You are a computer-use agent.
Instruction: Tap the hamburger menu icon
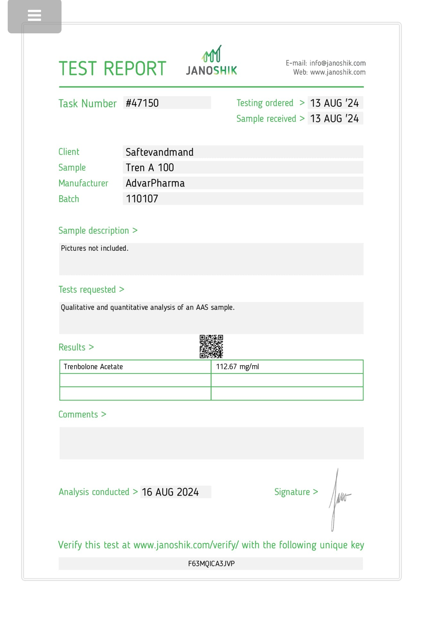[35, 15]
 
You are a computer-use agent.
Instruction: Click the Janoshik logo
[211, 61]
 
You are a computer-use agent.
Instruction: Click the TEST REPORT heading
[112, 69]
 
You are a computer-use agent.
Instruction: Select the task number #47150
[142, 103]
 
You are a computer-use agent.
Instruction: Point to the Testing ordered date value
[335, 103]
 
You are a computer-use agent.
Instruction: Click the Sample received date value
[335, 119]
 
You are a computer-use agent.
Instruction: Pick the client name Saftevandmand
[160, 152]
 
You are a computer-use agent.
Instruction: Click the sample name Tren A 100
[150, 168]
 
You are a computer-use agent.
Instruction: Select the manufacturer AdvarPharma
[155, 183]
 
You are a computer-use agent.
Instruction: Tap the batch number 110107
[142, 199]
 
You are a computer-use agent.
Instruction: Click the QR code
[211, 347]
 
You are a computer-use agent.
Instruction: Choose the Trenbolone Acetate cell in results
[93, 367]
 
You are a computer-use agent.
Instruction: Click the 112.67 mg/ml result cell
[237, 367]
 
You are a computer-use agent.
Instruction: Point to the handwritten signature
[339, 499]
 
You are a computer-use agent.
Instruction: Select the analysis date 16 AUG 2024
[170, 492]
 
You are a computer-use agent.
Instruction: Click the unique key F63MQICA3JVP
[211, 564]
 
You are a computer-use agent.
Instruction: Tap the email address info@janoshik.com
[337, 63]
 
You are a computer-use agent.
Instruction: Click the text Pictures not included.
[95, 248]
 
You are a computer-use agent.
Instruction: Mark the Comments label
[78, 415]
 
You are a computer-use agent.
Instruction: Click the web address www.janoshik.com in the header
[338, 72]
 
